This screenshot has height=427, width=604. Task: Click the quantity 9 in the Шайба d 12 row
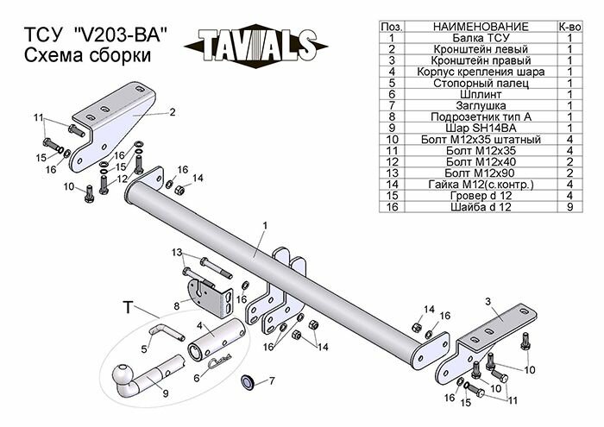[570, 205]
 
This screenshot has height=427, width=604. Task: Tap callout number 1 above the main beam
[266, 225]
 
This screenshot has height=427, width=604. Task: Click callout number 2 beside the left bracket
[173, 111]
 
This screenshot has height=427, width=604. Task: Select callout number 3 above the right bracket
[488, 300]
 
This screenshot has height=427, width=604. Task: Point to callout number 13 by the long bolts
[177, 252]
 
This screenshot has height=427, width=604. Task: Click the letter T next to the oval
[128, 306]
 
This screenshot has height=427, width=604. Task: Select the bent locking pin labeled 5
[165, 330]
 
